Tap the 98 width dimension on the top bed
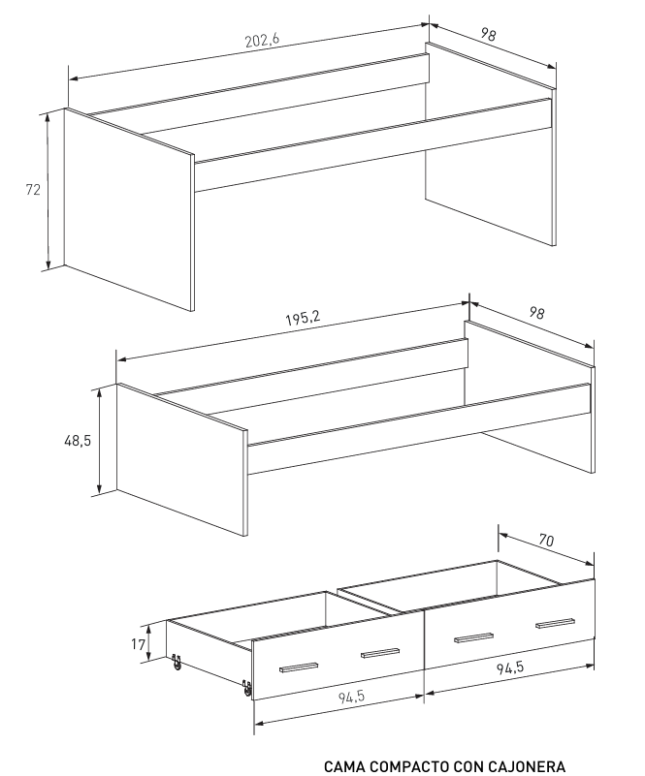click(489, 34)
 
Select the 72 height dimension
click(33, 190)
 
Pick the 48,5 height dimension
click(78, 440)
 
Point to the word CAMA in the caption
click(346, 766)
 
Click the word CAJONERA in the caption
click(529, 766)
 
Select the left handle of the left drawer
click(299, 667)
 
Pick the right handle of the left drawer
click(380, 653)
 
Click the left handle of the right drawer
click(473, 636)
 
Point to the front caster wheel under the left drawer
click(246, 689)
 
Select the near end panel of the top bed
click(128, 207)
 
